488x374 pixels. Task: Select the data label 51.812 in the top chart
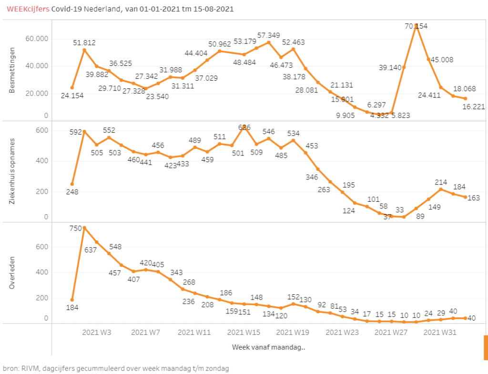click(84, 42)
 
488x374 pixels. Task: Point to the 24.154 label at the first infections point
click(72, 95)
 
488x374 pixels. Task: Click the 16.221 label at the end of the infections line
click(474, 107)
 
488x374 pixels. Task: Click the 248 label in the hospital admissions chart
click(72, 192)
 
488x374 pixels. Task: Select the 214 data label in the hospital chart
click(441, 182)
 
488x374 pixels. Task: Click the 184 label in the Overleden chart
click(72, 308)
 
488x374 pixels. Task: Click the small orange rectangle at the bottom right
click(486, 347)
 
